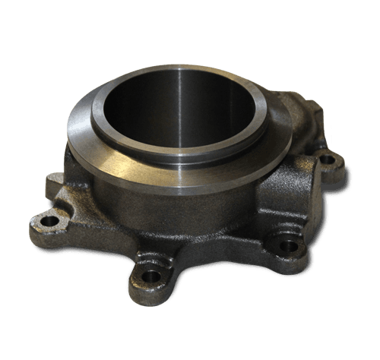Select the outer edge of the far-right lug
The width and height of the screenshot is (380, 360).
(x=342, y=161)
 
